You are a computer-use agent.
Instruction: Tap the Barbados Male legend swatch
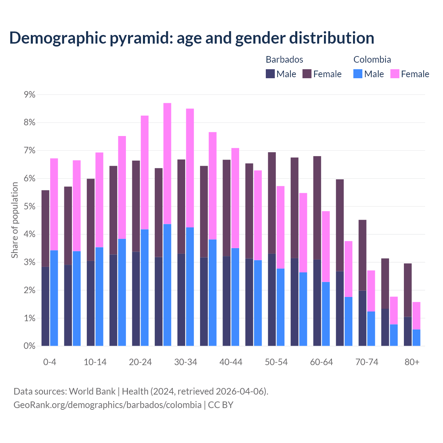[270, 74]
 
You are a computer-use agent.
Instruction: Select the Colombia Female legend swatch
[395, 74]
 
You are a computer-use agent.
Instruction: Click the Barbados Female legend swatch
[307, 74]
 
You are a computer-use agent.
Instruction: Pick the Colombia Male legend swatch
[358, 74]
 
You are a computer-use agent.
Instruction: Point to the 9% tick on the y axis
[29, 94]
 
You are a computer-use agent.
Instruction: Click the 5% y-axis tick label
[29, 207]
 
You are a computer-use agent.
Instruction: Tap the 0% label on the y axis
[29, 346]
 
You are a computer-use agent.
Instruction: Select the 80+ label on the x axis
[412, 362]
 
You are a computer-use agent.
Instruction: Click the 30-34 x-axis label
[186, 362]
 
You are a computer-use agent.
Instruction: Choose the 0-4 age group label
[49, 362]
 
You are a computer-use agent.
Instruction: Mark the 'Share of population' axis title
[15, 220]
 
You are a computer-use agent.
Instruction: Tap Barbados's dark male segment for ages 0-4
[45, 306]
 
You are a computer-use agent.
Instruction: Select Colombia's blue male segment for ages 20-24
[145, 288]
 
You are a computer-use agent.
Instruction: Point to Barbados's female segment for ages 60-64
[317, 208]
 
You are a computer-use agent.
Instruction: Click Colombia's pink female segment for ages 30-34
[190, 168]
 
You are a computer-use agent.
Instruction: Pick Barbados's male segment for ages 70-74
[362, 318]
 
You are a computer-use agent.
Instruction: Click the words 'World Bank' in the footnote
[92, 391]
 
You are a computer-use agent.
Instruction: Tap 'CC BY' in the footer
[220, 405]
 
